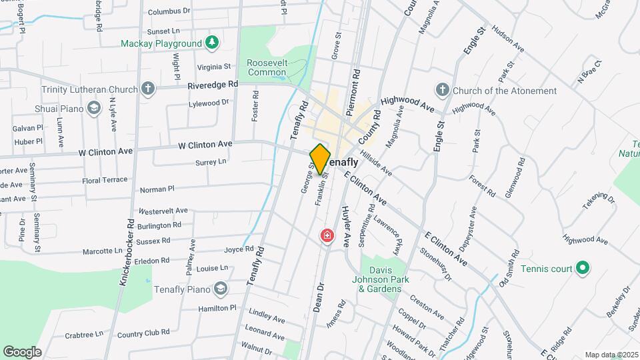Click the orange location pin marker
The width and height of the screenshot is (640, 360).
click(x=320, y=159)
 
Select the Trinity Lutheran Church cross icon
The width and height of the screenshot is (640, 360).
click(x=147, y=89)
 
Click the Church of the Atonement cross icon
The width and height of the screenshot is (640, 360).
click(x=441, y=90)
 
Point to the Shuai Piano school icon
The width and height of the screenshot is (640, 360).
click(x=94, y=107)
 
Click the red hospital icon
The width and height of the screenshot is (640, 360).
click(x=327, y=236)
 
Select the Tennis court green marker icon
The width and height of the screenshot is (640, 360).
click(x=583, y=268)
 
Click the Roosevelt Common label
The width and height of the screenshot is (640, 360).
click(x=267, y=67)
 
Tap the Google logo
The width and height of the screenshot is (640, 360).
click(x=21, y=351)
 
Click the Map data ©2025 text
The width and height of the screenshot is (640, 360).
click(x=611, y=355)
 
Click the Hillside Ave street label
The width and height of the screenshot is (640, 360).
click(x=377, y=163)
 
